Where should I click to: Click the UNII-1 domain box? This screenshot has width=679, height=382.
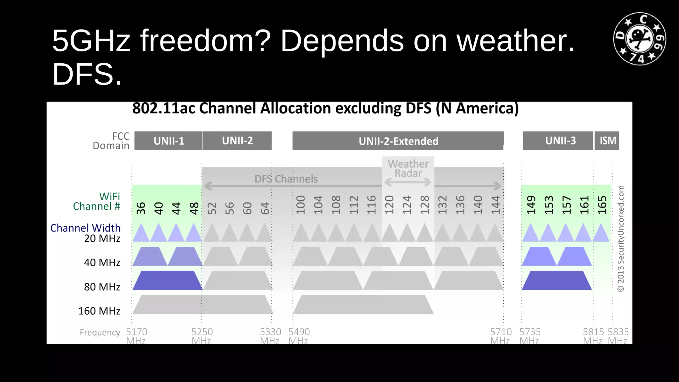coord(168,141)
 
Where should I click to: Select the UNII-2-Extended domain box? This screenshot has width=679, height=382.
coord(398,141)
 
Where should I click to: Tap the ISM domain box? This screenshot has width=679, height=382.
coord(607,141)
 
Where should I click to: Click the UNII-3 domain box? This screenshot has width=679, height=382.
coord(560,141)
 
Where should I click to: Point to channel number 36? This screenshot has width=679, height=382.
coord(141,208)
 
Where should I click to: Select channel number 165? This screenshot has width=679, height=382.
coord(602,205)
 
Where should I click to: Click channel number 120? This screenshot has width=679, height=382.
coord(389,205)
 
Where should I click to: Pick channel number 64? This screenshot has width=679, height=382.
coord(265,208)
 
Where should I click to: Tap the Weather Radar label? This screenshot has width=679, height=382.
coord(408,168)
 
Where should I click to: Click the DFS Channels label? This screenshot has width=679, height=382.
coord(286,179)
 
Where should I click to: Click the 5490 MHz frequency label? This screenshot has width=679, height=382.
coord(299,336)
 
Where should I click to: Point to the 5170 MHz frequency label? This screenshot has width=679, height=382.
coord(136,336)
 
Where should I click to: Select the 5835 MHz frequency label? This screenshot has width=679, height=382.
coord(618,336)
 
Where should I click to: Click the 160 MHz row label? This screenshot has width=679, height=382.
coord(99,311)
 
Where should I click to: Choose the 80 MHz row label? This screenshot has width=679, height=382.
coord(102,287)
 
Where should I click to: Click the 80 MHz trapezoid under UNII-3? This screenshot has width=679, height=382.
coord(557,281)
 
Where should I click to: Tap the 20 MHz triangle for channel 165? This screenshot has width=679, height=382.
coord(601,233)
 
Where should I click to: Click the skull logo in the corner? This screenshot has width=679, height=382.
coord(640,39)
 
